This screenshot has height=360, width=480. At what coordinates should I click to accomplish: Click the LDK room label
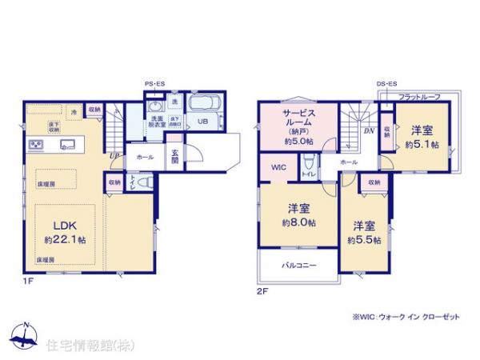coord(58,225)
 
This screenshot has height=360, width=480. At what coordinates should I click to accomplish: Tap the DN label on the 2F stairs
coord(370,130)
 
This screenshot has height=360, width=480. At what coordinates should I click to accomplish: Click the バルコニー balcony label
coord(296,263)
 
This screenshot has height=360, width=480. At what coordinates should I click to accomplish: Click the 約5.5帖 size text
coord(364,239)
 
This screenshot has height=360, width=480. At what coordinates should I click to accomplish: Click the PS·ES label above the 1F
coord(155,84)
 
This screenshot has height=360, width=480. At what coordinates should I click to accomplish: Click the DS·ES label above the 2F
coord(387,84)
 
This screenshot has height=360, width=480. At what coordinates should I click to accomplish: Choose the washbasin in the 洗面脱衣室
coord(154,106)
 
